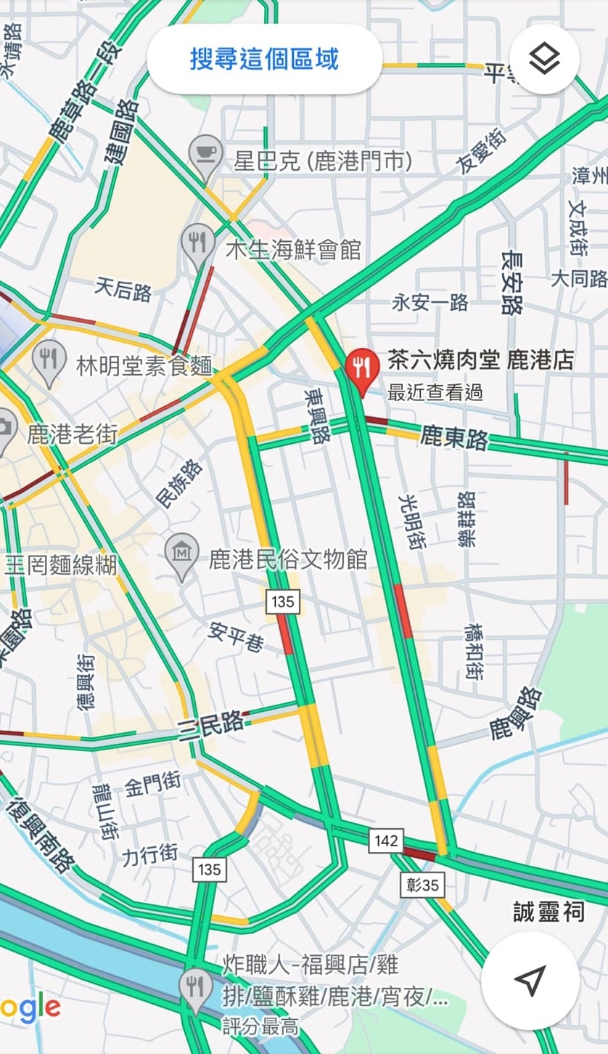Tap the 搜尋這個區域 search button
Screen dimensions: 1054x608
click(264, 59)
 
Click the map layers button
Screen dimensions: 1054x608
click(544, 59)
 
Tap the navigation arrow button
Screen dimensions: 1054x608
click(530, 980)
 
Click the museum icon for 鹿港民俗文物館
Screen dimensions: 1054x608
click(181, 554)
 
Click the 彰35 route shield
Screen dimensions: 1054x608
click(422, 884)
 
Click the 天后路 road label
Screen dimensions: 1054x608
click(123, 291)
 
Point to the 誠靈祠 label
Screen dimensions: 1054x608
click(549, 912)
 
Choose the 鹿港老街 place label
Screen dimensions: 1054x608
click(73, 434)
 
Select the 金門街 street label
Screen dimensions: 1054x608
click(152, 784)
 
